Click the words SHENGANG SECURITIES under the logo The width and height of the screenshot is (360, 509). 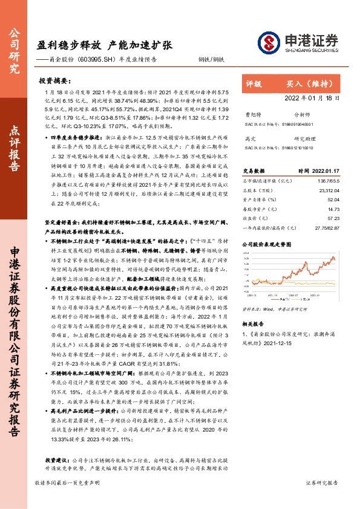(309, 51)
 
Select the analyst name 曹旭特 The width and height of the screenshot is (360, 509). (252, 114)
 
